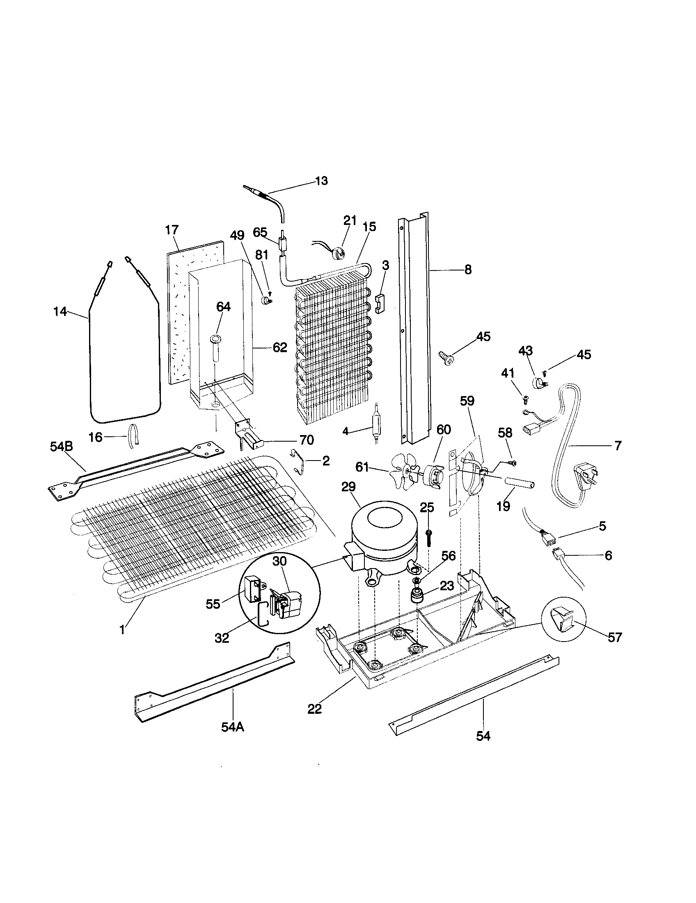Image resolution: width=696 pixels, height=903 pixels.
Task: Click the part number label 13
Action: coord(321,181)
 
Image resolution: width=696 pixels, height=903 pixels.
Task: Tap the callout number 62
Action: coord(279,347)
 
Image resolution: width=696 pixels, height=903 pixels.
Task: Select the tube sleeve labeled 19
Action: coord(518,483)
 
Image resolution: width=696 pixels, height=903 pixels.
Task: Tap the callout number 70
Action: coord(306,440)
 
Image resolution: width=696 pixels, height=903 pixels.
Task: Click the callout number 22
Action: coord(315,709)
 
